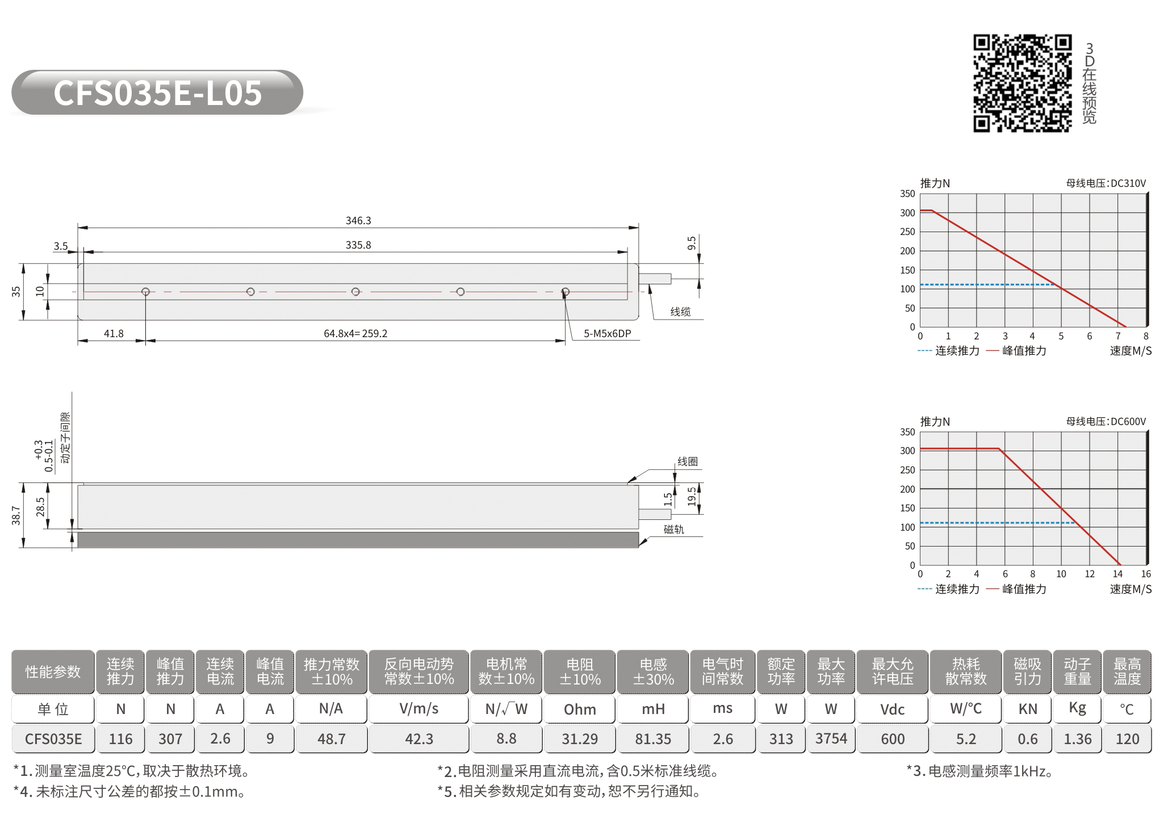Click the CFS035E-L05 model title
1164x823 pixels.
(x=158, y=93)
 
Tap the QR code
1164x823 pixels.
(x=1023, y=83)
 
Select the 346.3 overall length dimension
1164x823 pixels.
(x=358, y=220)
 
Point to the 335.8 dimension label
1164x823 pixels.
(x=358, y=245)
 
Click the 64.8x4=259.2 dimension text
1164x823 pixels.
(x=355, y=333)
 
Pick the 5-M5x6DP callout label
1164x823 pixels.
(x=607, y=333)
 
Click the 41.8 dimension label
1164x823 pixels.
(x=114, y=333)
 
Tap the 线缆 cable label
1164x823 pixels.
(x=680, y=312)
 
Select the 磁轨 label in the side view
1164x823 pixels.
(x=674, y=530)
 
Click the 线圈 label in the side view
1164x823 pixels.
(x=688, y=461)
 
